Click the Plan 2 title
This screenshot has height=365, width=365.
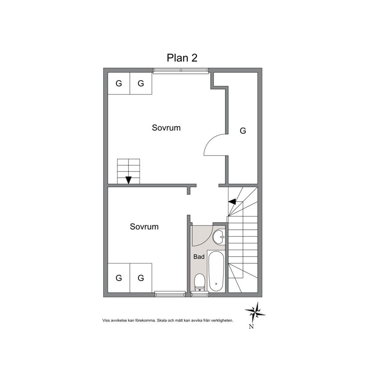click(182, 58)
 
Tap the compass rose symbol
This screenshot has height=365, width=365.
click(255, 312)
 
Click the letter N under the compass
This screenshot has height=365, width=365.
click(251, 327)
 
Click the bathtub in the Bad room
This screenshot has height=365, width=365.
click(216, 271)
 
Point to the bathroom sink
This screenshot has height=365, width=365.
click(219, 237)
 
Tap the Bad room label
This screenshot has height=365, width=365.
click(199, 257)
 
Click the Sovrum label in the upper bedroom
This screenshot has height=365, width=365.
click(166, 128)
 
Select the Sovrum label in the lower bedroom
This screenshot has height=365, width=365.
click(144, 227)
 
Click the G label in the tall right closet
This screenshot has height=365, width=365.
click(243, 131)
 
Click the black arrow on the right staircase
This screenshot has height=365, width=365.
click(232, 202)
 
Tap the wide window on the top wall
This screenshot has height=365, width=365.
click(181, 71)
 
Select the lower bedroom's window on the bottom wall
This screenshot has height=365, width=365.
click(170, 294)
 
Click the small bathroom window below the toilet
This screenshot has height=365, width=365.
click(200, 294)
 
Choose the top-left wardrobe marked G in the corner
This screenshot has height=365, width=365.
click(119, 83)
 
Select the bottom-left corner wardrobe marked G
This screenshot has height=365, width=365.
click(119, 278)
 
